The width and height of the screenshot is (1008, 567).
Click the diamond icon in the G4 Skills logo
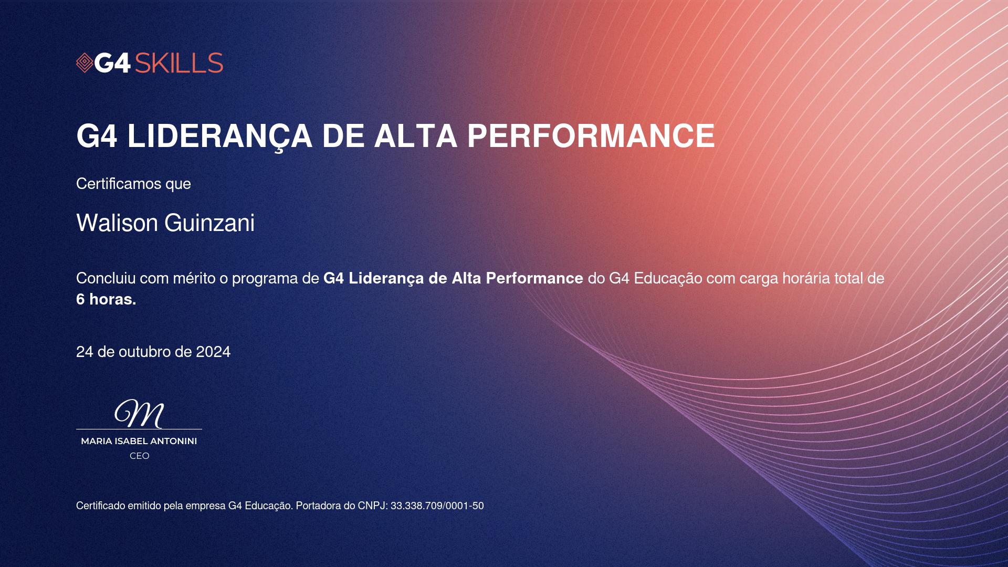pyautogui.click(x=85, y=63)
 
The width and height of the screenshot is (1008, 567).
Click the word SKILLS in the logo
pyautogui.click(x=179, y=63)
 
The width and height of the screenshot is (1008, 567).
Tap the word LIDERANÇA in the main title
pyautogui.click(x=220, y=136)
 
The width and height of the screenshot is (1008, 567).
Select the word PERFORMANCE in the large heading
pyautogui.click(x=591, y=136)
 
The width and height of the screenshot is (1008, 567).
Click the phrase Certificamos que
pyautogui.click(x=133, y=184)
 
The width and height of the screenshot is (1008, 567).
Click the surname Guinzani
pyautogui.click(x=209, y=223)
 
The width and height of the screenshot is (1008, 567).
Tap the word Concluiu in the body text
pyautogui.click(x=106, y=278)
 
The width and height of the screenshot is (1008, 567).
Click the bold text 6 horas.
pyautogui.click(x=106, y=299)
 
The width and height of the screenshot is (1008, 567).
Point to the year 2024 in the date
pyautogui.click(x=213, y=352)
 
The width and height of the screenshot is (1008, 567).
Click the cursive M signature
pyautogui.click(x=139, y=414)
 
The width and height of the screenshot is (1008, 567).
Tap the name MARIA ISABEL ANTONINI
pyautogui.click(x=139, y=442)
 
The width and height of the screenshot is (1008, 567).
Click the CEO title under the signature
pyautogui.click(x=140, y=456)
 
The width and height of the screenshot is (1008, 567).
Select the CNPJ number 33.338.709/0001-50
pyautogui.click(x=437, y=506)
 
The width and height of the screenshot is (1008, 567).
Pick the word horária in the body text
pyautogui.click(x=806, y=278)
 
